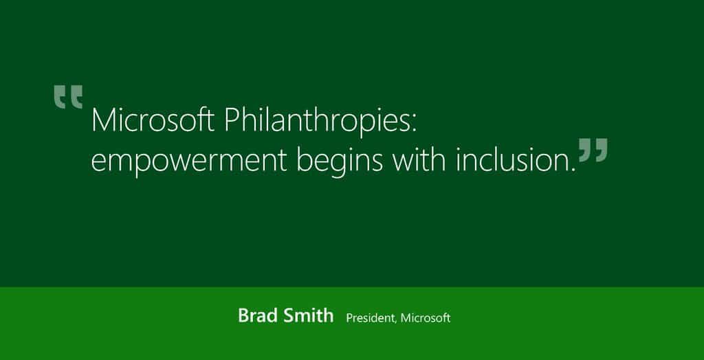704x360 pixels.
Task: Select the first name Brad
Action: pyautogui.click(x=257, y=316)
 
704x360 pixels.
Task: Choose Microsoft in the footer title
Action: pyautogui.click(x=426, y=318)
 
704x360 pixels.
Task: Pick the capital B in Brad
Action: pyautogui.click(x=243, y=316)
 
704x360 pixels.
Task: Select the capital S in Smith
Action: pyautogui.click(x=289, y=316)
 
